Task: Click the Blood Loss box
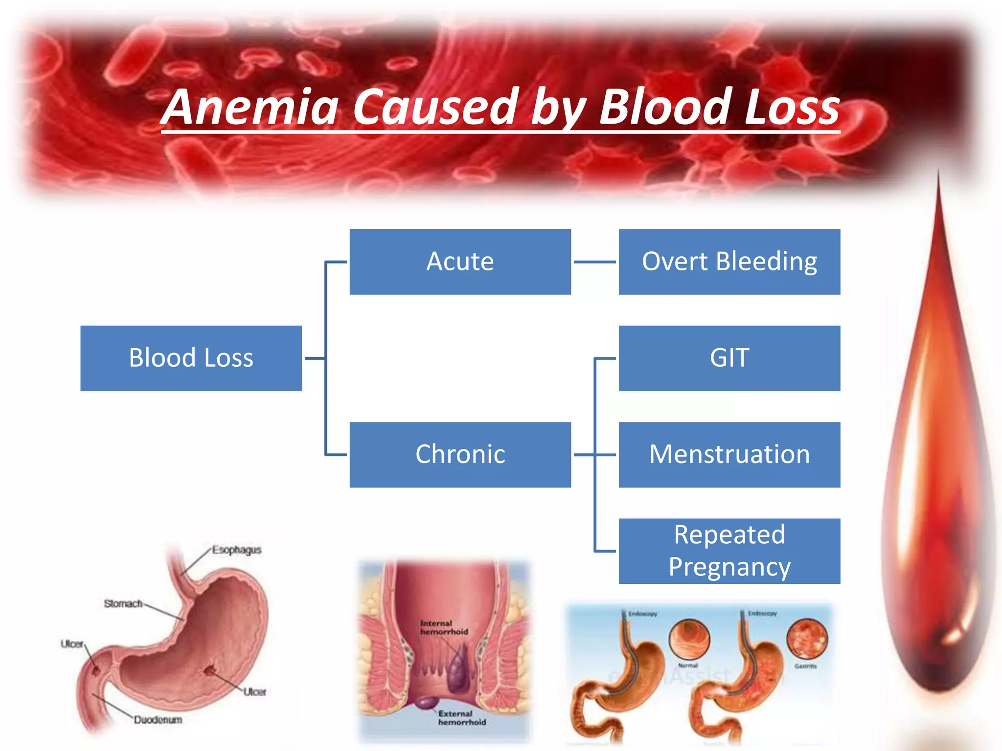point(191,358)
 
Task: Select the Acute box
point(460,262)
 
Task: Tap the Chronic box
point(460,454)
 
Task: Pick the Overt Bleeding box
point(729,262)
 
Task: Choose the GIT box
point(729,358)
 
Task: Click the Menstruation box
point(729,454)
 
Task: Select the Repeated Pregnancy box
point(729,551)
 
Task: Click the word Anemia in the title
point(250,107)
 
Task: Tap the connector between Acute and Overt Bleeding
point(594,262)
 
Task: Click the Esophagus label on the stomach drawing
point(237,550)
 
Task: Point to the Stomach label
point(123,604)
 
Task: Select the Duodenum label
point(158,720)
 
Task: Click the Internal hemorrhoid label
point(444,627)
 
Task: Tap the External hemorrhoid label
point(462,718)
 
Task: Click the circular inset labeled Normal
point(689,639)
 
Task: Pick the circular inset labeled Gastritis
point(807,638)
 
